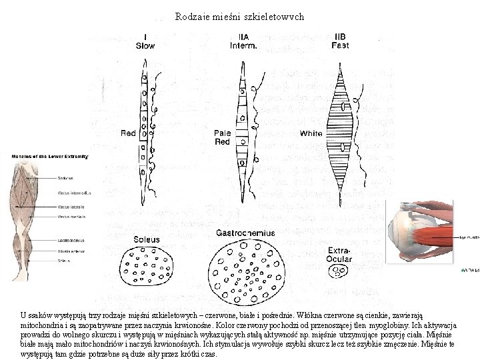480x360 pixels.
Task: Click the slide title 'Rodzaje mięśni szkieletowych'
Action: point(239,17)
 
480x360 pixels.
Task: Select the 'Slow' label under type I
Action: point(145,46)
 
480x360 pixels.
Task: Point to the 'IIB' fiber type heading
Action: point(339,37)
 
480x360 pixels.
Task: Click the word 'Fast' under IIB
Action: point(339,46)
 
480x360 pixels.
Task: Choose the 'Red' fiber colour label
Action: point(128,133)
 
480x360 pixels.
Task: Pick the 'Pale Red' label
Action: point(222,137)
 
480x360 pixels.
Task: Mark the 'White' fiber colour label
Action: point(311,134)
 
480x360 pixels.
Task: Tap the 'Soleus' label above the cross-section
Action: point(147,239)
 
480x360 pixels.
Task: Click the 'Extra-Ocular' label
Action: point(339,254)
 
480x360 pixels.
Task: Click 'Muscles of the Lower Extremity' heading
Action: point(49,157)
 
